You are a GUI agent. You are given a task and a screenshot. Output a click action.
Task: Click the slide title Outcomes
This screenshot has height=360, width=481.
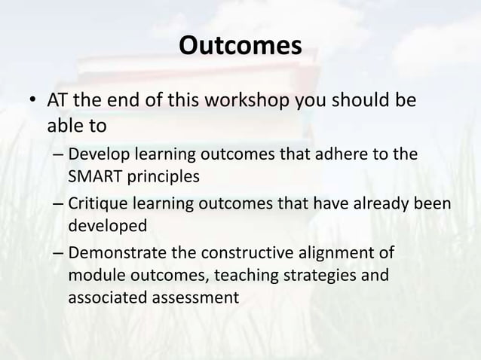[x=240, y=47]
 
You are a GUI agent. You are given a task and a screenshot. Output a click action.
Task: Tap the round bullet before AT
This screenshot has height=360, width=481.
[x=32, y=102]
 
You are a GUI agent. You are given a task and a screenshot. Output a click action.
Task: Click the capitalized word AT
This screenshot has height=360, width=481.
[x=60, y=100]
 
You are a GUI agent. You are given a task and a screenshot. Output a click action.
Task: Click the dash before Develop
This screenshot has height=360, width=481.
[x=58, y=155]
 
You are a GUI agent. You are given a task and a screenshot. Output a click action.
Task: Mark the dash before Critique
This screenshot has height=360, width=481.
[x=58, y=204]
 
